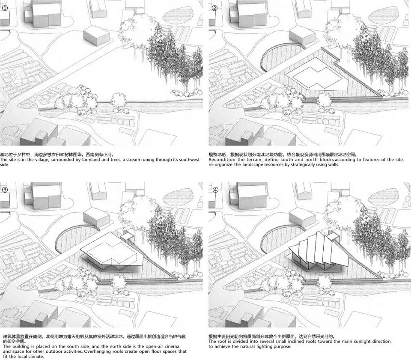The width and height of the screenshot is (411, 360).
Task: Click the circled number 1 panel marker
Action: pyautogui.click(x=5, y=8)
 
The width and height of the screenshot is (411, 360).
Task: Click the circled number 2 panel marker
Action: pyautogui.click(x=214, y=8)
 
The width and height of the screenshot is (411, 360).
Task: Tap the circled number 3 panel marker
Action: pyautogui.click(x=5, y=190)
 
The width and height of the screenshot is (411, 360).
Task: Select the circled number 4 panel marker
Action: pyautogui.click(x=215, y=190)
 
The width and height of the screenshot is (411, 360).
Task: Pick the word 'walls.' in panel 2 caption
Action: pyautogui.click(x=333, y=164)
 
